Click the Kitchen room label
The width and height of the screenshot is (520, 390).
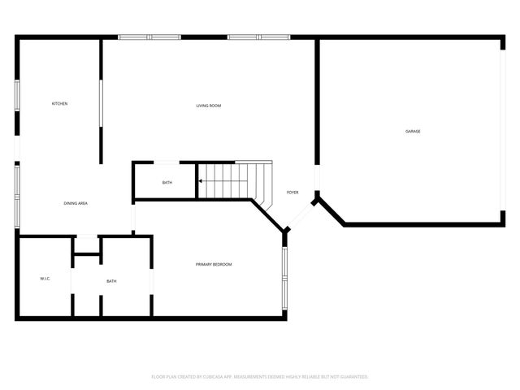59,104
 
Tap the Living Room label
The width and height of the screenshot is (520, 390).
209,106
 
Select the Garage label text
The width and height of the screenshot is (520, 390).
413,131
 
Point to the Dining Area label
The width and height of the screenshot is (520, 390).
76,202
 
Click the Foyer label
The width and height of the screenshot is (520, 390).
292,193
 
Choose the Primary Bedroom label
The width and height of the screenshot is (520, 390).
214,264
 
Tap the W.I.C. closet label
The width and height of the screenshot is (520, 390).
45,279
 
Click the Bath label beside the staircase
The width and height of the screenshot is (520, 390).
167,182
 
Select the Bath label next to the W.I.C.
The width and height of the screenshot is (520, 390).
111,281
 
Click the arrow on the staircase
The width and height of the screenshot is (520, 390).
201,181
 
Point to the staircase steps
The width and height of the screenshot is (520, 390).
232,180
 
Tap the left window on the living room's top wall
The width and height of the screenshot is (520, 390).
149,37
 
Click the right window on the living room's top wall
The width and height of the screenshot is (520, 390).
258,37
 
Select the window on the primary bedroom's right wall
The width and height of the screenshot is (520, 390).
284,278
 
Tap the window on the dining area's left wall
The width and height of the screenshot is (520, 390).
17,196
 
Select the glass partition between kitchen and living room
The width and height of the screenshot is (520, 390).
101,102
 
